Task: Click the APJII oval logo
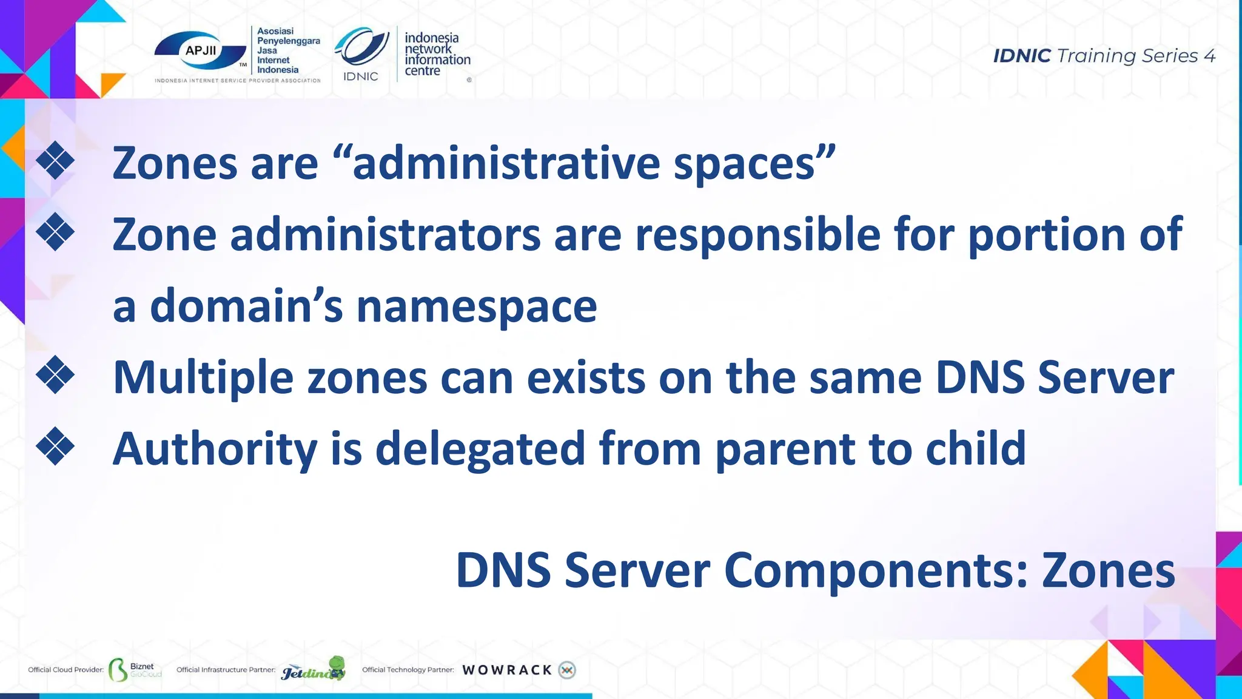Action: click(201, 52)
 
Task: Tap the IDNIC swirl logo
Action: click(363, 47)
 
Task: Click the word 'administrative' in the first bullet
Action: click(506, 164)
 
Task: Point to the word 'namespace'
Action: click(477, 306)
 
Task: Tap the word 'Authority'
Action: click(215, 450)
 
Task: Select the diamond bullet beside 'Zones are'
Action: click(55, 161)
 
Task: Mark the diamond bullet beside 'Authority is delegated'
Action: click(55, 447)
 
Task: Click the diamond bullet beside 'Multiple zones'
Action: click(55, 375)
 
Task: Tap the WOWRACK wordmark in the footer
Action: click(507, 670)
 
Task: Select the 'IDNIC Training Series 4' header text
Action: click(1104, 56)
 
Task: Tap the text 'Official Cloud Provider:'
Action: click(65, 670)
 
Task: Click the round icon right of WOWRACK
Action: click(567, 670)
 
